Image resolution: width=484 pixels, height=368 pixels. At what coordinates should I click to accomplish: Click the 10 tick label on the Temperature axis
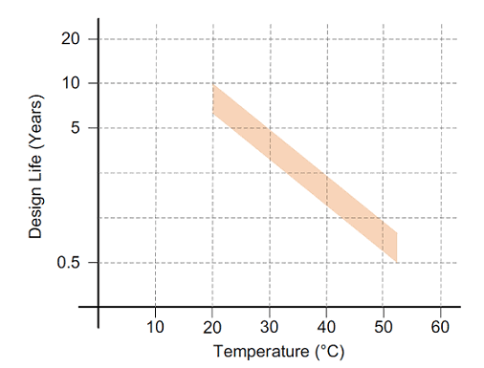155,326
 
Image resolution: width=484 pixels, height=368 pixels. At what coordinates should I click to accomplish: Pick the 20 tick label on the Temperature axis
212,326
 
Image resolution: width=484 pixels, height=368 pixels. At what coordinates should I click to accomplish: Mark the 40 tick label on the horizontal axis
326,326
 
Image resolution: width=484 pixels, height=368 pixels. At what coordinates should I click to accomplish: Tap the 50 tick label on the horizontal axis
383,326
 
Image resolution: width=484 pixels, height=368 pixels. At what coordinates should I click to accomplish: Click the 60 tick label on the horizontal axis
440,326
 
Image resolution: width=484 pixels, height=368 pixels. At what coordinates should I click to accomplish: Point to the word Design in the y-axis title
35,206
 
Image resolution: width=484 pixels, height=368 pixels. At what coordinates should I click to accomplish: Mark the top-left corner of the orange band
212,84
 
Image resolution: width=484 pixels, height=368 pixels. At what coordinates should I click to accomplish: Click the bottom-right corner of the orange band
396,262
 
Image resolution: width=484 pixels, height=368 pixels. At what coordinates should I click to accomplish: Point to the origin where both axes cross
99,307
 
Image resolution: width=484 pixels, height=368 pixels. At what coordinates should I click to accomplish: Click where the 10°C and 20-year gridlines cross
155,39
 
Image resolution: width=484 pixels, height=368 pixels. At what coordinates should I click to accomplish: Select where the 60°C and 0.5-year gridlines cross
440,262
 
